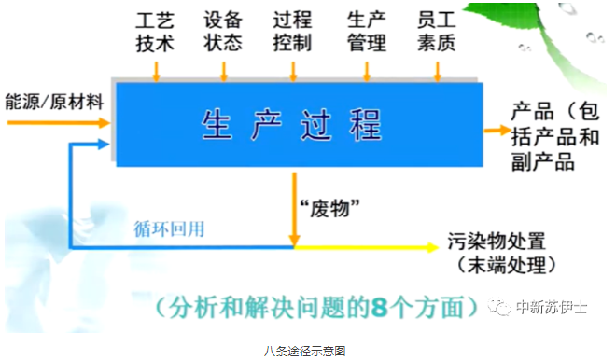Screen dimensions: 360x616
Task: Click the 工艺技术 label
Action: click(156, 32)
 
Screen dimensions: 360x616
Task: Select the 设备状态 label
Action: click(224, 32)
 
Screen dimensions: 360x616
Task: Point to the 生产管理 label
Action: click(364, 32)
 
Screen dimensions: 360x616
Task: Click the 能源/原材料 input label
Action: click(54, 100)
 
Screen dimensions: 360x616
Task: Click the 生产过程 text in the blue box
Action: click(293, 124)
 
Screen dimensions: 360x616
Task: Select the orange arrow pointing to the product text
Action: click(493, 131)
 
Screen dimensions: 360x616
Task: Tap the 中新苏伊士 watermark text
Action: click(552, 307)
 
